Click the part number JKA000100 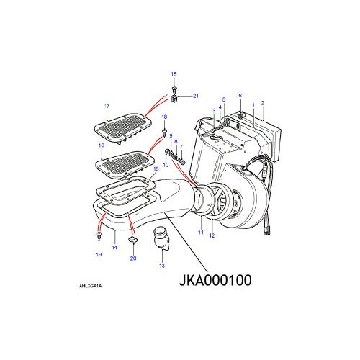pyautogui.click(x=215, y=280)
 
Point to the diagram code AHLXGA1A pyautogui.click(x=90, y=286)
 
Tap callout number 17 pyautogui.click(x=107, y=106)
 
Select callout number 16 pyautogui.click(x=102, y=145)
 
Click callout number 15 pyautogui.click(x=156, y=169)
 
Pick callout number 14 pyautogui.click(x=114, y=247)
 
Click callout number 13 pyautogui.click(x=162, y=266)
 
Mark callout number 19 pyautogui.click(x=99, y=254)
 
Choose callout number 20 pyautogui.click(x=133, y=258)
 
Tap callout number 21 pyautogui.click(x=196, y=96)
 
